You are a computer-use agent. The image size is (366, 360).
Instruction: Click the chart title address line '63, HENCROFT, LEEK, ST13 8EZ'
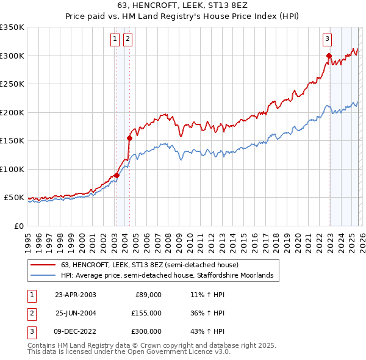[x=183, y=5]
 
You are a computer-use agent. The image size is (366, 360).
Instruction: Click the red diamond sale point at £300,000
[x=329, y=56]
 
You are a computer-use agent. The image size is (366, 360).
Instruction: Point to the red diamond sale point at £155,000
[x=129, y=138]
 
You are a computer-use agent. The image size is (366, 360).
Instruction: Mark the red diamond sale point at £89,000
[x=117, y=176]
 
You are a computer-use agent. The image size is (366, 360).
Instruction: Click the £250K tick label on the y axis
[x=12, y=84]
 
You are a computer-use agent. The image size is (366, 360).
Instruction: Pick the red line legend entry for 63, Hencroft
[x=153, y=265]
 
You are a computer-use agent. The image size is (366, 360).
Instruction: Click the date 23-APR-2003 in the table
[x=75, y=295]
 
